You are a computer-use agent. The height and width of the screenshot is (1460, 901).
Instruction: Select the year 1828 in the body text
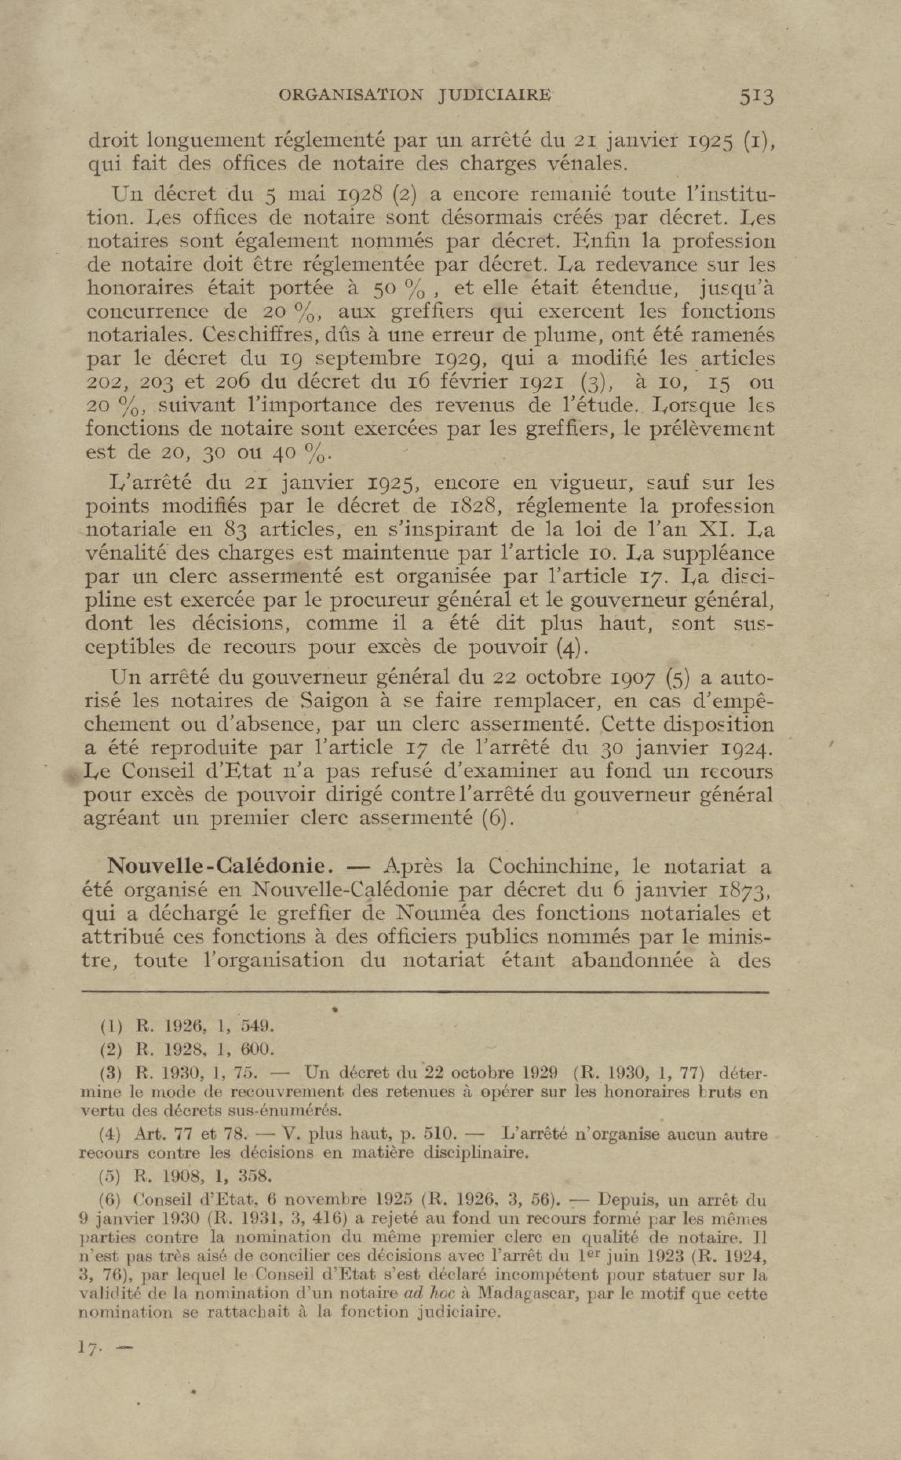[468, 506]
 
